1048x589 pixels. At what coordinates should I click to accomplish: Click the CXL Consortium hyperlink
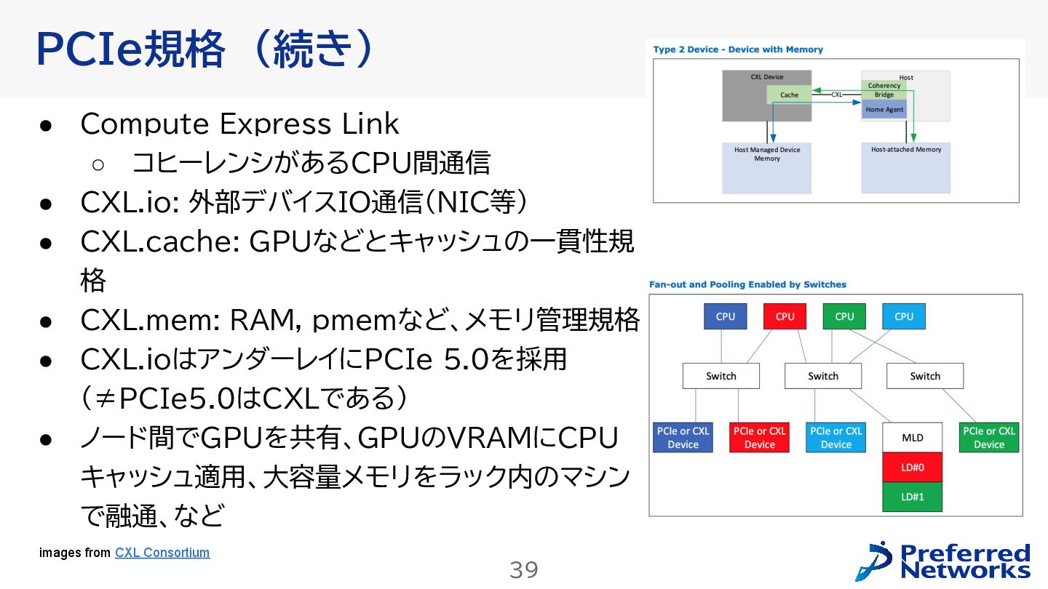tap(162, 553)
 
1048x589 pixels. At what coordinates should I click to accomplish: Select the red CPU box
tap(785, 316)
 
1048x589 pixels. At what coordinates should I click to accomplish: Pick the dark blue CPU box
tap(725, 316)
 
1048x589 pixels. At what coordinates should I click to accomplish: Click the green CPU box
tap(844, 316)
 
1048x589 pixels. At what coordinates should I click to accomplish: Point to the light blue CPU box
tap(904, 316)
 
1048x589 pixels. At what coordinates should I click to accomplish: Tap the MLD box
tap(913, 438)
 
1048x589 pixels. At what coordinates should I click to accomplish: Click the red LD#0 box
tap(913, 468)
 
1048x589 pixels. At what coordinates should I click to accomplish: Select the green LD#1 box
tap(913, 497)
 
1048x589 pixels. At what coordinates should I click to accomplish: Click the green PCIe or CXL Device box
tap(988, 438)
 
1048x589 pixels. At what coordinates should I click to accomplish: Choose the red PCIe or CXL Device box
tap(759, 438)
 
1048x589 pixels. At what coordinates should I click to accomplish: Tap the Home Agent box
tap(884, 110)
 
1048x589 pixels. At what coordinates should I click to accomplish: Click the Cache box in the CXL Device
tap(789, 95)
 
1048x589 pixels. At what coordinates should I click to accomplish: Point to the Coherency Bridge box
tap(884, 90)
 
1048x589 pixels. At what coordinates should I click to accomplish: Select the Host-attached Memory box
tap(906, 167)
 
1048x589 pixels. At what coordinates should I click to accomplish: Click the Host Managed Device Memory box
tap(766, 167)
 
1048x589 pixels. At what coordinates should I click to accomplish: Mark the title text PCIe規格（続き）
tap(205, 49)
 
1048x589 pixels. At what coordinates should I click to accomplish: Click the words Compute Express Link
tap(239, 124)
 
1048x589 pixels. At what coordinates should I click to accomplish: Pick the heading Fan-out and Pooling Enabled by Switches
tap(747, 284)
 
